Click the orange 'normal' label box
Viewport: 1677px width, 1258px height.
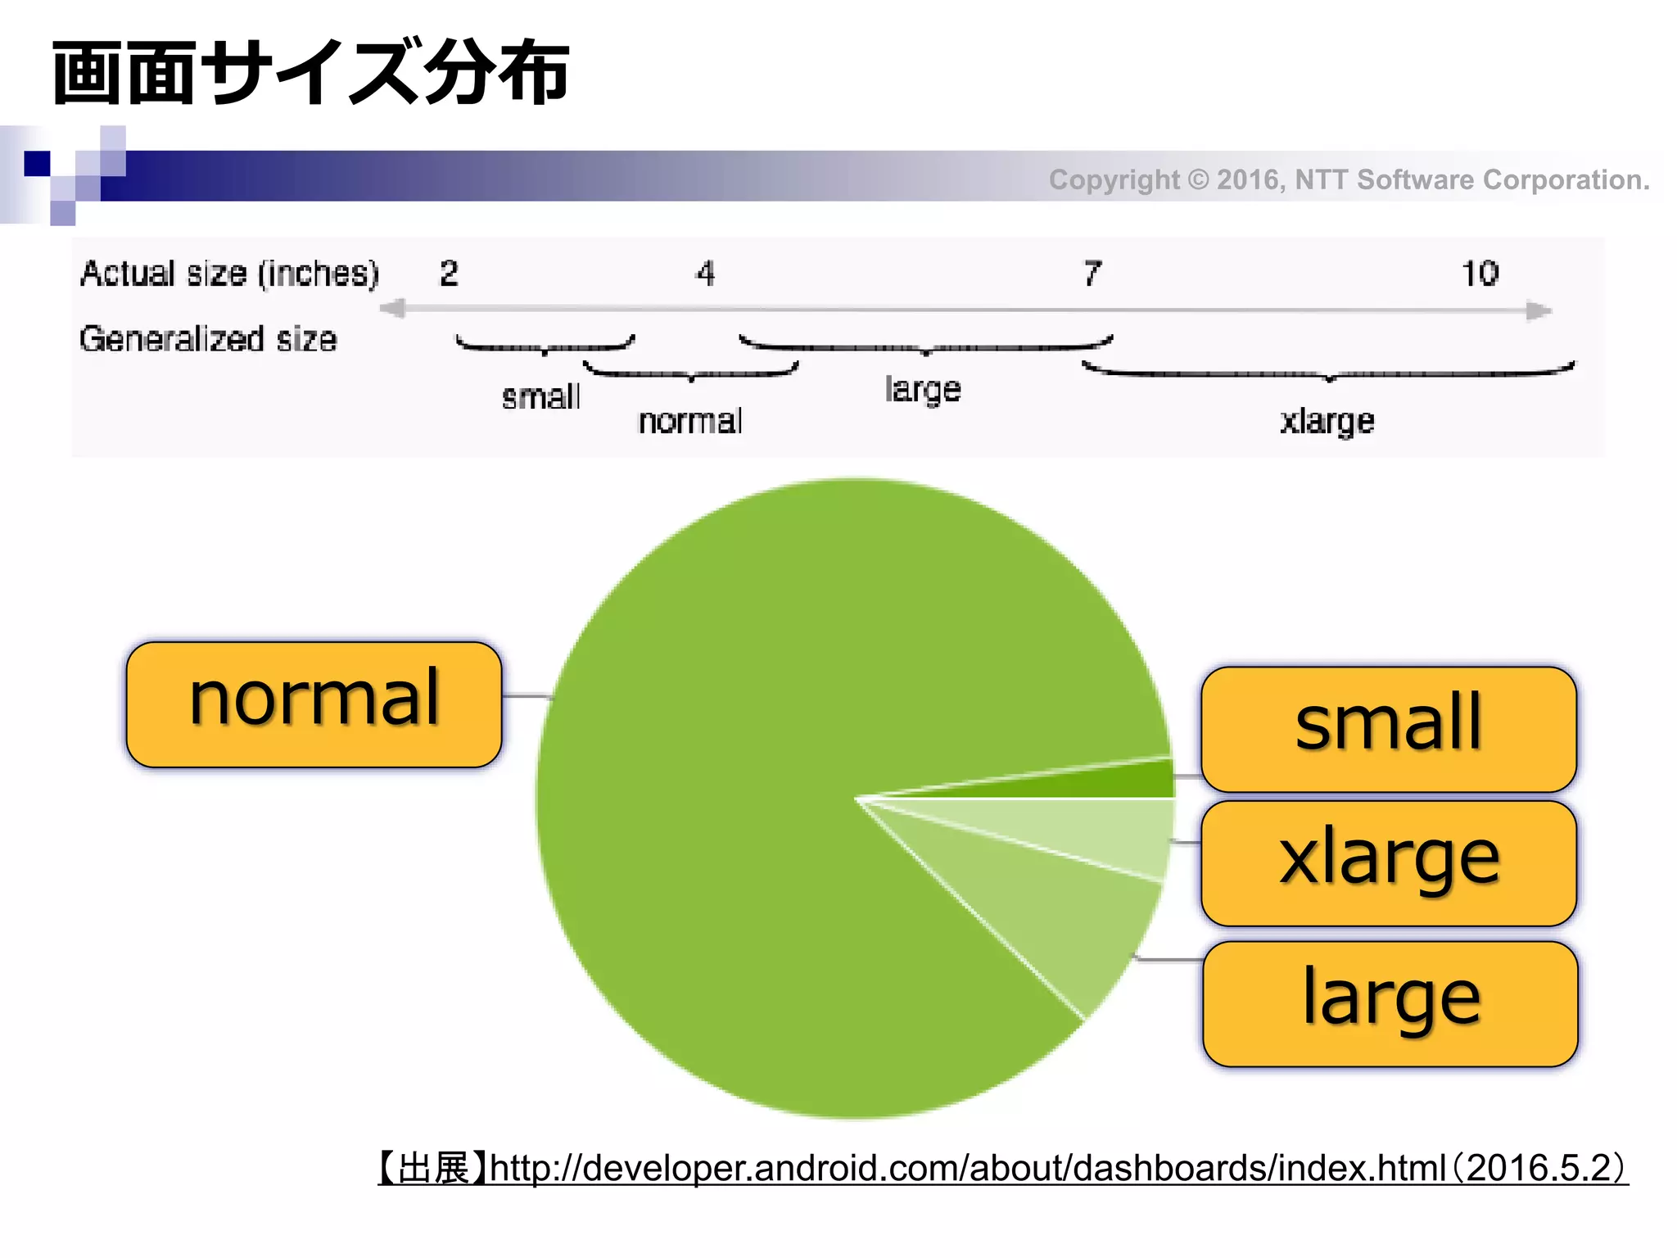coord(314,704)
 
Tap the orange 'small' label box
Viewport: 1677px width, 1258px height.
coord(1388,729)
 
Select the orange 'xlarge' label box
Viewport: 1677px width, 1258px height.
coord(1388,863)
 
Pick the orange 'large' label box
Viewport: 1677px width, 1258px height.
coord(1390,1003)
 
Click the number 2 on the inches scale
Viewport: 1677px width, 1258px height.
coord(449,274)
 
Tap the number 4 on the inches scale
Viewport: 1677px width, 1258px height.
coord(705,274)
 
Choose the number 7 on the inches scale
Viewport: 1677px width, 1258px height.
coord(1092,274)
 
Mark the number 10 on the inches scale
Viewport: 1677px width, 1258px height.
coord(1480,274)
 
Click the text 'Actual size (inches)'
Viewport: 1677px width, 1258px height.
coord(229,274)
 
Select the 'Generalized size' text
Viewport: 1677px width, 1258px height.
coord(208,339)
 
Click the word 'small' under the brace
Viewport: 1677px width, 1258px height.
coord(540,397)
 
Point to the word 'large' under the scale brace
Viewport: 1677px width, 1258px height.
coord(923,390)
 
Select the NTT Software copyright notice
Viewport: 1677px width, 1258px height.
coord(1349,179)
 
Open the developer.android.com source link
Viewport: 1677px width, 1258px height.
coord(1002,1168)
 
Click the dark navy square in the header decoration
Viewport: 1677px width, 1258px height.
coord(37,163)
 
